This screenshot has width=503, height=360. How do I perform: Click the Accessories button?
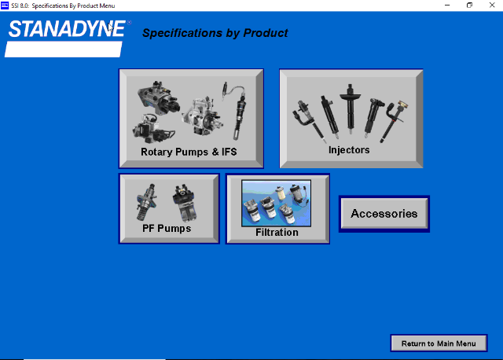[384, 214]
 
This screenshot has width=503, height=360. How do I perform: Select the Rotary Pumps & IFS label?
[189, 152]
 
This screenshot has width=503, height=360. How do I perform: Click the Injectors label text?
[349, 150]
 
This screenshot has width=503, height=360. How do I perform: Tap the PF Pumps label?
[167, 229]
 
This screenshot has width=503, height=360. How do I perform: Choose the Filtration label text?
[277, 232]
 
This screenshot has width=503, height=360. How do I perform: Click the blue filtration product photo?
[276, 203]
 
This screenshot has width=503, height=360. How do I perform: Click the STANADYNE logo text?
[67, 29]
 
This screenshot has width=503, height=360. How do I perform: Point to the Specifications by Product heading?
[215, 33]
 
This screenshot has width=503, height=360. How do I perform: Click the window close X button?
[492, 6]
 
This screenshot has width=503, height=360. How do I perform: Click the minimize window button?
[447, 6]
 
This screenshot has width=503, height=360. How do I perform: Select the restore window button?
[469, 6]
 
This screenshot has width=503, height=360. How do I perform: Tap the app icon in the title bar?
[5, 6]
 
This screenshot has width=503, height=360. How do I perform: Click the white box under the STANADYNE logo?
[64, 49]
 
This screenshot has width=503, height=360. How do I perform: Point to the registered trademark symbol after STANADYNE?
[129, 23]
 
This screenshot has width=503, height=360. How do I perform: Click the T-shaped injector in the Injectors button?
[350, 109]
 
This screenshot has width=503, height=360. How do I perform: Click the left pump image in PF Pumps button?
[147, 202]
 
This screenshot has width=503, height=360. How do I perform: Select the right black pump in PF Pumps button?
[185, 203]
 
